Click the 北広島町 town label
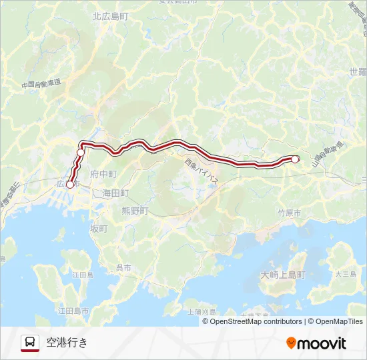click(x=109, y=17)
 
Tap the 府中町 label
click(x=103, y=173)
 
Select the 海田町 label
click(x=115, y=193)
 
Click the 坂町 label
click(x=98, y=228)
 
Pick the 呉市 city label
click(x=124, y=267)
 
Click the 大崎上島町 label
click(x=283, y=275)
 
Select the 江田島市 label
click(x=73, y=311)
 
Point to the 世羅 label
click(x=358, y=71)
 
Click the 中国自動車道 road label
click(x=41, y=84)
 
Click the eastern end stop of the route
click(x=295, y=159)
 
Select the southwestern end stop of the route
click(x=70, y=185)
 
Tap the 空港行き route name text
click(x=67, y=343)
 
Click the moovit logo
click(x=316, y=343)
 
